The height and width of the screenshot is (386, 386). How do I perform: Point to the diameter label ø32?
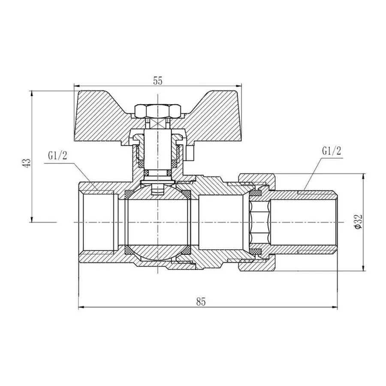click(x=359, y=222)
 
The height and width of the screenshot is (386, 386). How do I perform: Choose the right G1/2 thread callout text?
click(x=331, y=151)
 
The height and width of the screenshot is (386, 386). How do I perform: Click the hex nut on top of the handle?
click(x=157, y=112)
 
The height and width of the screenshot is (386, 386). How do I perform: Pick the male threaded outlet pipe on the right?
click(x=305, y=222)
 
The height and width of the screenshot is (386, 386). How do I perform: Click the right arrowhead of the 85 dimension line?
click(x=336, y=307)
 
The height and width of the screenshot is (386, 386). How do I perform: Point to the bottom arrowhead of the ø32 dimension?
click(x=364, y=268)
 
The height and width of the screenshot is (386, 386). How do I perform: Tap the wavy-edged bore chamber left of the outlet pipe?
click(x=260, y=222)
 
